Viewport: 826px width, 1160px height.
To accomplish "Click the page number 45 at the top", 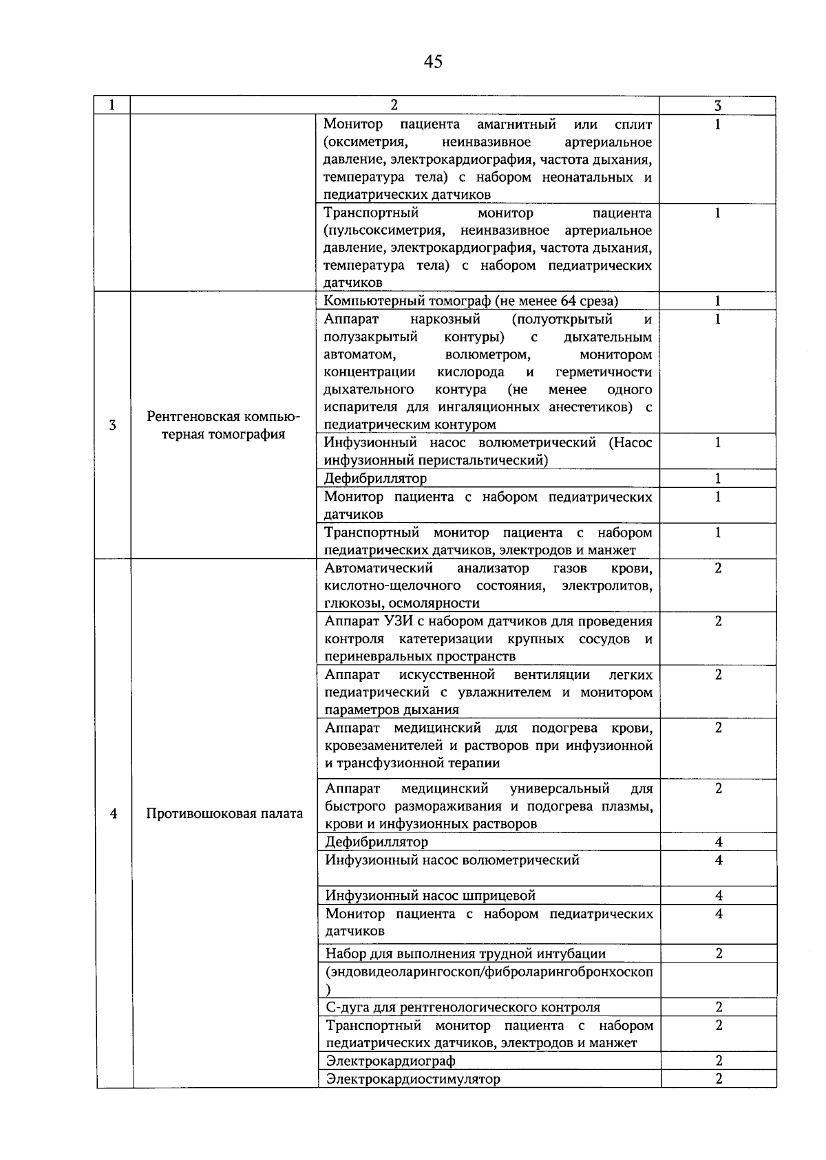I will tap(433, 62).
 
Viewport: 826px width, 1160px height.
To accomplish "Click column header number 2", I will tap(394, 105).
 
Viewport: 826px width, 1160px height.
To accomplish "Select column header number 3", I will tap(717, 105).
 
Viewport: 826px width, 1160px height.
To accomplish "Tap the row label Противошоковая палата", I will tap(224, 814).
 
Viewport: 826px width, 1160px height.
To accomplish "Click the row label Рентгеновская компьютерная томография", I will tap(223, 425).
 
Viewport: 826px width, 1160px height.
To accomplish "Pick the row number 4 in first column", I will tap(114, 814).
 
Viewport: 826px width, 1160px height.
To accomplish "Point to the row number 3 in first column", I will tap(113, 425).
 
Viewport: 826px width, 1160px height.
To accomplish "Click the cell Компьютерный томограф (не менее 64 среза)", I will tap(471, 301).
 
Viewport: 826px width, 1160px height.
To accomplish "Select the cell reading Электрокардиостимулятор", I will tap(413, 1079).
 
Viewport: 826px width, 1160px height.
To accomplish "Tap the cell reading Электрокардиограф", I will tap(390, 1061).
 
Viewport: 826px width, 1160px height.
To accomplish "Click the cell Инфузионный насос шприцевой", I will tap(430, 896).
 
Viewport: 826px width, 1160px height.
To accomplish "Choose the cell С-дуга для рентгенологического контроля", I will tap(463, 1007).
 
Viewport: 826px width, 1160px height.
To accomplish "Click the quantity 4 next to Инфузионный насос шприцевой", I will tap(719, 896).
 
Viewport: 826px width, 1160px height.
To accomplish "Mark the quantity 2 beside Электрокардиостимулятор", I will tap(719, 1079).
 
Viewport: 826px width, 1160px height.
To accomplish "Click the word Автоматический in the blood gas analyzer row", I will tap(379, 568).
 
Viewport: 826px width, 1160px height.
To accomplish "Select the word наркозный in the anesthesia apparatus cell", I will tap(445, 319).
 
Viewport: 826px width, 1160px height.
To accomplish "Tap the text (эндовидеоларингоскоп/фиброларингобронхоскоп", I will tap(489, 972).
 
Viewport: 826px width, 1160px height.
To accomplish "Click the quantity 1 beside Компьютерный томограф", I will tap(717, 301).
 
